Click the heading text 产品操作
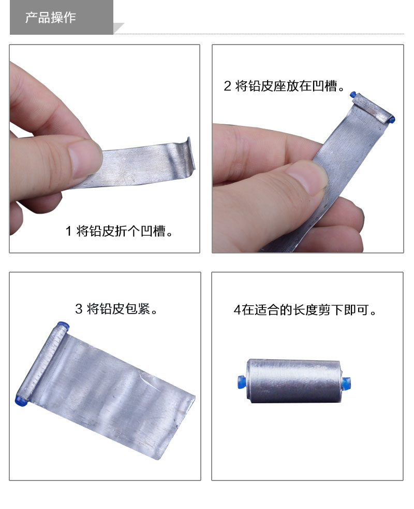[x=51, y=18]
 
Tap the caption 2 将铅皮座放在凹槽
[x=284, y=86]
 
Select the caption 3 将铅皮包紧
[x=116, y=309]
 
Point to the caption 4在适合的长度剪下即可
[x=304, y=310]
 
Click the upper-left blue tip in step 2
[x=353, y=95]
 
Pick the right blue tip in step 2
[x=391, y=120]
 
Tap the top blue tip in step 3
[x=64, y=326]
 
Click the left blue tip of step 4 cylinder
[x=242, y=381]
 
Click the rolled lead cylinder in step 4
[x=293, y=381]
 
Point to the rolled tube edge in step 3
[x=42, y=363]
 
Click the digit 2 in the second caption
[x=228, y=87]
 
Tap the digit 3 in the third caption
[x=79, y=309]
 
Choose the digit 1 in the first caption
[x=68, y=232]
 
